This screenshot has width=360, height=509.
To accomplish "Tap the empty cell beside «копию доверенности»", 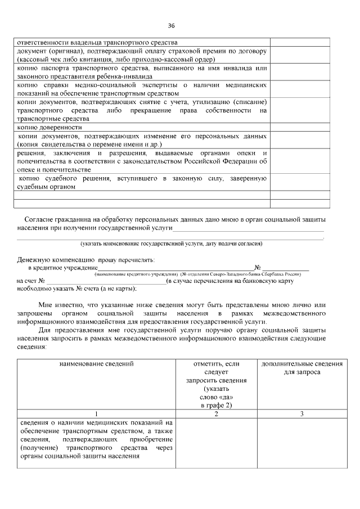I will click(x=300, y=128).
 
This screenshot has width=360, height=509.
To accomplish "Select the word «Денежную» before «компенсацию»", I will click(x=34, y=260).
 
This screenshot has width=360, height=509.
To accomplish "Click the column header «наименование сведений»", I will click(x=96, y=364).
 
